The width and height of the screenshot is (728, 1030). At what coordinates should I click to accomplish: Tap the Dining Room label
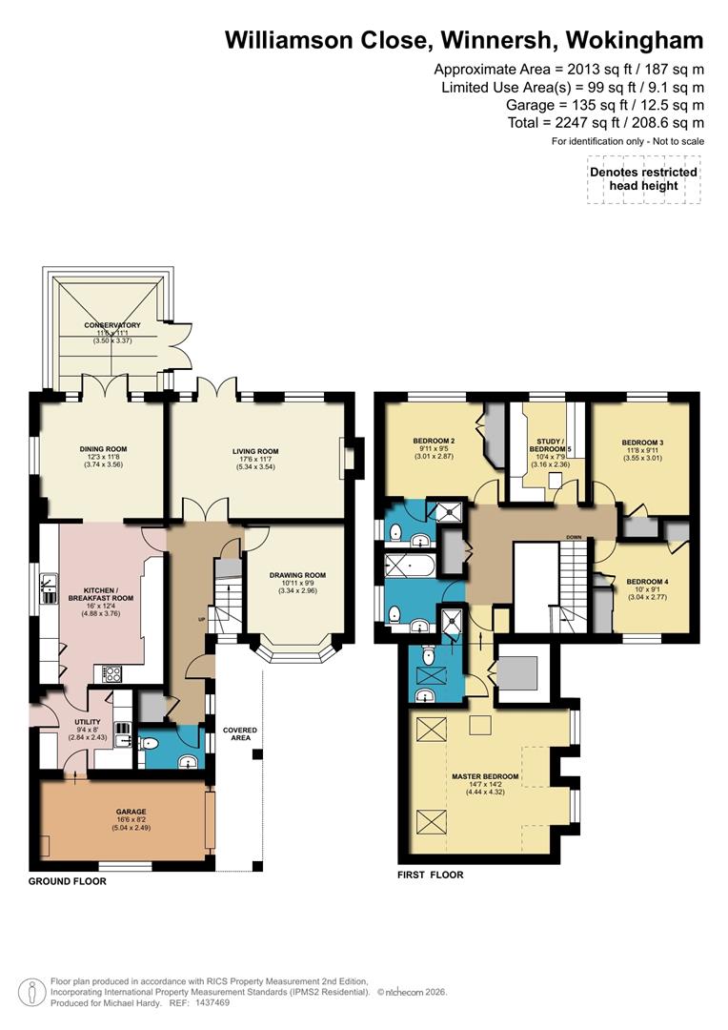tap(103, 449)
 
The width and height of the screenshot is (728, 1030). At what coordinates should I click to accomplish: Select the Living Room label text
tap(254, 452)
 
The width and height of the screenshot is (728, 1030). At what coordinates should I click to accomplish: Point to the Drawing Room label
tap(297, 575)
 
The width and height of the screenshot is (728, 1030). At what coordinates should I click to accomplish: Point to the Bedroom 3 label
tap(642, 443)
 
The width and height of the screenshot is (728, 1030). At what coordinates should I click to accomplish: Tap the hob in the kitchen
tap(111, 672)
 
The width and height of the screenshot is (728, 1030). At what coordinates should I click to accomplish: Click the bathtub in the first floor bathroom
tap(409, 565)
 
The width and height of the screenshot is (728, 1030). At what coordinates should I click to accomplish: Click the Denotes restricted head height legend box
tap(643, 178)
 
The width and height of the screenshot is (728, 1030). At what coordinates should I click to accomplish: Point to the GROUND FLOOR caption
tap(67, 882)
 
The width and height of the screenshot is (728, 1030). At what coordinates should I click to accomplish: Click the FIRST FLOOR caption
tap(430, 875)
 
